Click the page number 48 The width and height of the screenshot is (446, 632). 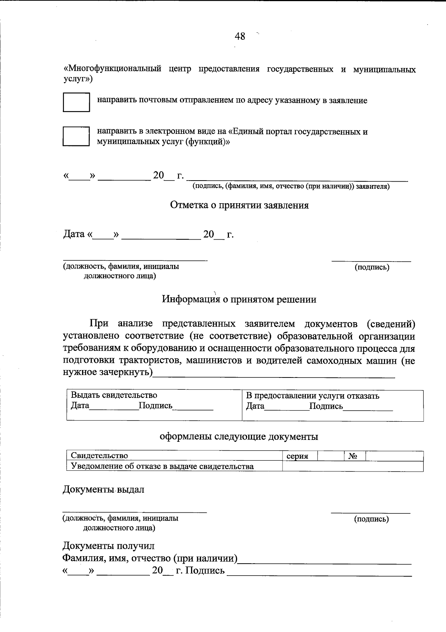point(240,36)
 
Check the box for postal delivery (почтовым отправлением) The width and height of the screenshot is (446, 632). point(76,102)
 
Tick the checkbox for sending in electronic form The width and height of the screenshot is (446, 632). point(76,136)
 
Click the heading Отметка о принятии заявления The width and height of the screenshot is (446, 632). point(239,205)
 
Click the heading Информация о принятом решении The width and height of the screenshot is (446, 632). point(239,299)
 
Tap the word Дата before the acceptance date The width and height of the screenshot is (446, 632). point(74,234)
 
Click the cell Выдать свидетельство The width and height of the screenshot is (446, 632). point(114,395)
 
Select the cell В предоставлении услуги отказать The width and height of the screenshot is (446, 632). point(313,396)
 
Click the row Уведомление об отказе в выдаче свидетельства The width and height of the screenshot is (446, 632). point(162,466)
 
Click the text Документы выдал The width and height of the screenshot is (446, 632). point(103,489)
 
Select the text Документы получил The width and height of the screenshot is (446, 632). point(108,546)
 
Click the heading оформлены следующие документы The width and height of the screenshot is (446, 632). point(239,436)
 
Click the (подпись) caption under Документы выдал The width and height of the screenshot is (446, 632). point(371,519)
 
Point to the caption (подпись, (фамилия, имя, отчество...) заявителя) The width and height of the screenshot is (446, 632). point(291,187)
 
